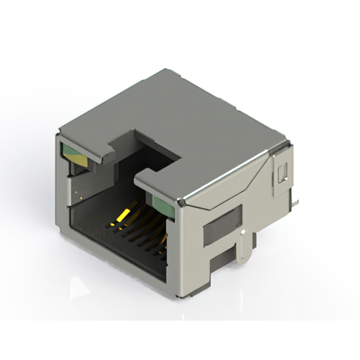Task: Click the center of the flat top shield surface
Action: coord(180,124)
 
